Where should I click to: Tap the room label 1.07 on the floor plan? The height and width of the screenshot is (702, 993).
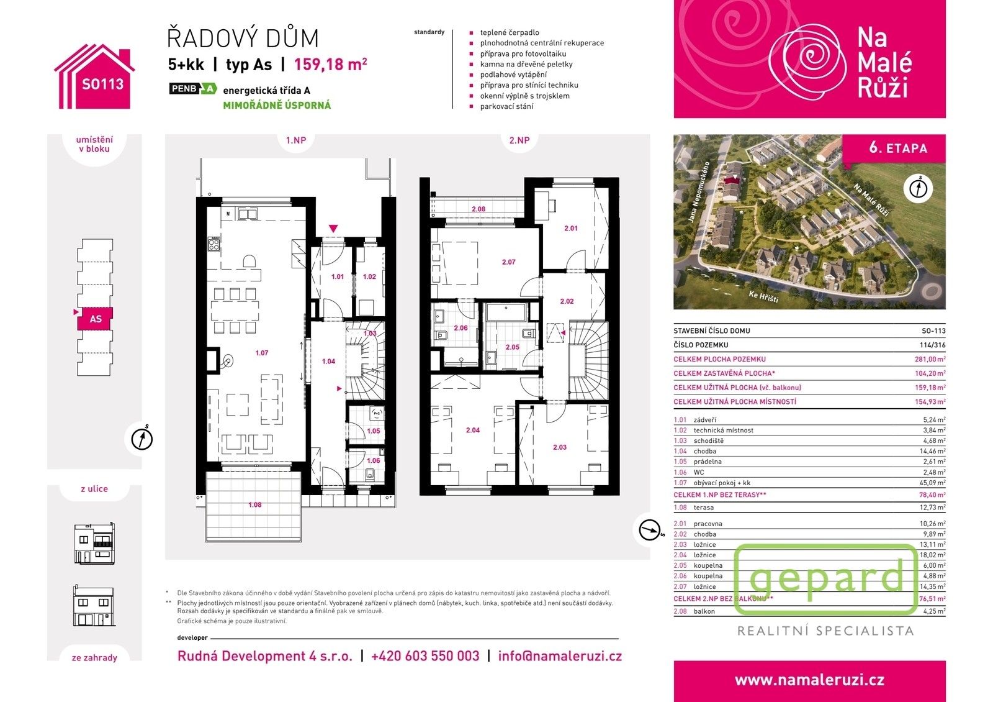261,353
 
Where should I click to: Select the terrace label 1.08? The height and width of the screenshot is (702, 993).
254,505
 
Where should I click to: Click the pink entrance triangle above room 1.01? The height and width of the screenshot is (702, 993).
333,229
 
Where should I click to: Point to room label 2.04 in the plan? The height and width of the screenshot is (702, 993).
472,430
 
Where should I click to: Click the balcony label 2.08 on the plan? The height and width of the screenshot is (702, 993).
478,209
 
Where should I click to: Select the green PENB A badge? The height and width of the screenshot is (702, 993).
193,89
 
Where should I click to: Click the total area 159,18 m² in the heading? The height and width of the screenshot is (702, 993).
330,65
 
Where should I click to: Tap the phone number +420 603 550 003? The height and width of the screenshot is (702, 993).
425,656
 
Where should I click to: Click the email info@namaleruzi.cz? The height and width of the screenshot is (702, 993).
560,656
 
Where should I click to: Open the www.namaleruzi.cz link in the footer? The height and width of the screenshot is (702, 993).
809,680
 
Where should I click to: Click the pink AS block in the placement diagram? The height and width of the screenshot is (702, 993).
95,319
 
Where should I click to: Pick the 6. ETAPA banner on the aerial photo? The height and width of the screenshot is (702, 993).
898,148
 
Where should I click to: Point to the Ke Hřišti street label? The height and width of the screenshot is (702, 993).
763,296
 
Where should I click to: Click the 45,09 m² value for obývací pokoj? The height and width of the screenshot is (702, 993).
932,483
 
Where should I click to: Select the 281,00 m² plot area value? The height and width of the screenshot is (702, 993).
932,359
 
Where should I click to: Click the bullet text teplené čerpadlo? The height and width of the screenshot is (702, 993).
509,32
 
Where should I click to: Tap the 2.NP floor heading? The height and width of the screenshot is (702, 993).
519,140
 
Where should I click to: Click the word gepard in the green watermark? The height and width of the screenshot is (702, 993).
826,578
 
